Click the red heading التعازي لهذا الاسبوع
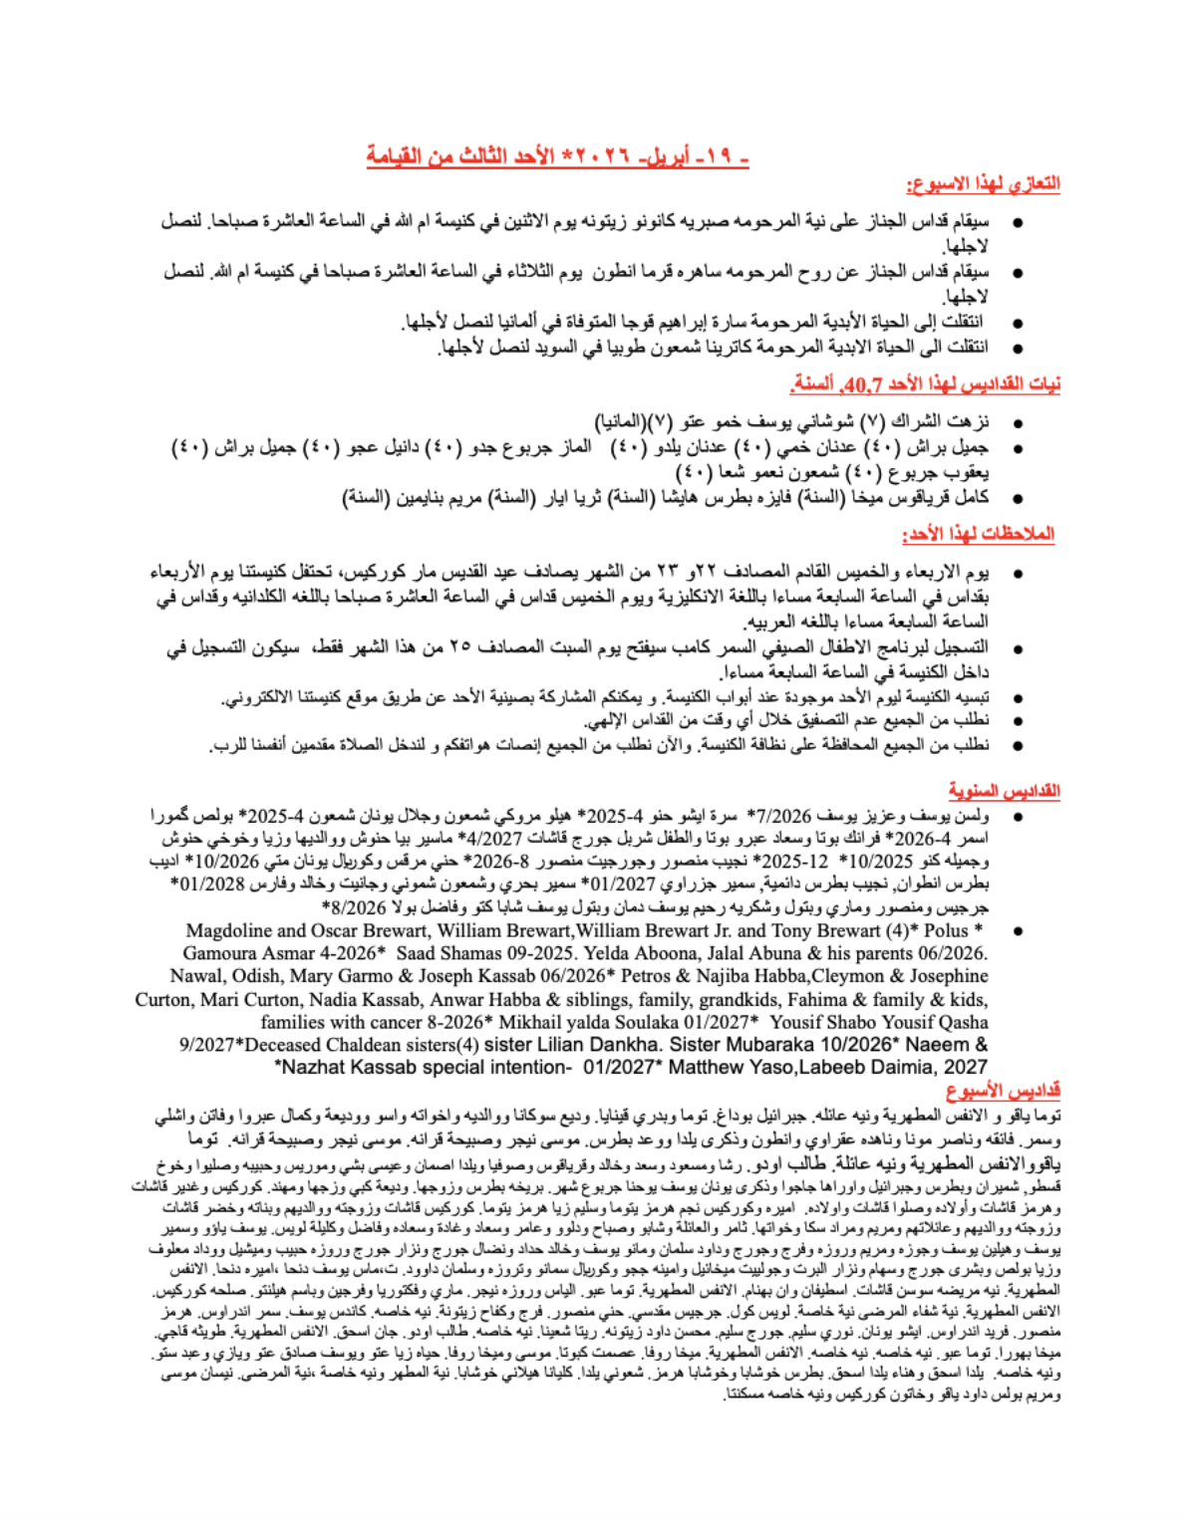tap(982, 184)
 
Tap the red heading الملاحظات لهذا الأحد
tap(978, 535)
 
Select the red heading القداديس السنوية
tap(1004, 791)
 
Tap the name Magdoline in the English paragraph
tap(230, 931)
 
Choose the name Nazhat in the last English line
tap(320, 1068)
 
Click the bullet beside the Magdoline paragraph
tap(1018, 931)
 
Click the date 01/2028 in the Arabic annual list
tap(207, 884)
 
